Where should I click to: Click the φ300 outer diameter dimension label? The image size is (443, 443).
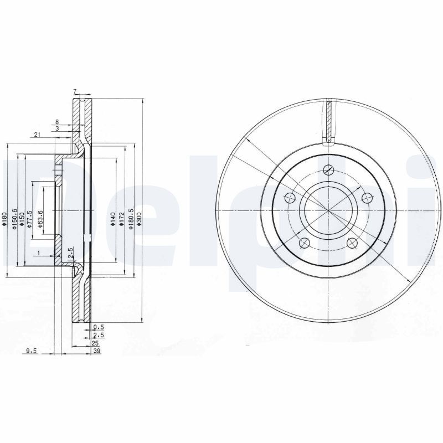click(140, 220)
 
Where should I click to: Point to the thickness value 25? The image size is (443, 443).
click(95, 343)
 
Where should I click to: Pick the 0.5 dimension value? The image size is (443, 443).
click(99, 327)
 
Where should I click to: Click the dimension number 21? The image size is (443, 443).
click(37, 135)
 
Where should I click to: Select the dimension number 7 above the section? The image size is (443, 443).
click(74, 91)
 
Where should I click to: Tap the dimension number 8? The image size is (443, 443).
click(56, 121)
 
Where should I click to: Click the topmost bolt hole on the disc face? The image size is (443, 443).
click(329, 171)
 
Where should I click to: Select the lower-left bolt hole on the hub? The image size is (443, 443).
click(303, 242)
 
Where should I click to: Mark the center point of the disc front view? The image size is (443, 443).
click(328, 212)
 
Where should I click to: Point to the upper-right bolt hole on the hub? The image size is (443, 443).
click(365, 197)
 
